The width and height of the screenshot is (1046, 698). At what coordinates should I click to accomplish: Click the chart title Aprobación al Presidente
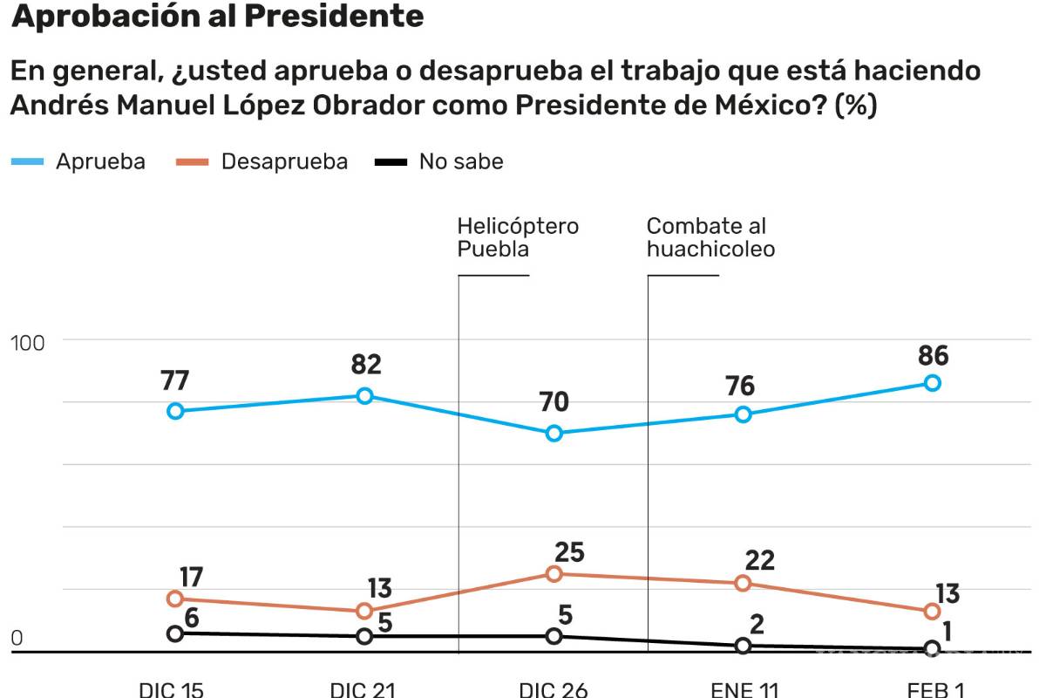[217, 17]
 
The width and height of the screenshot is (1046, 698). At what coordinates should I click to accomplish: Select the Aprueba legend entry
[78, 161]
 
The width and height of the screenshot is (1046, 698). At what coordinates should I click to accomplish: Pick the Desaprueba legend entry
[261, 161]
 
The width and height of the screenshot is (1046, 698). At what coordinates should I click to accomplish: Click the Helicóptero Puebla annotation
[517, 237]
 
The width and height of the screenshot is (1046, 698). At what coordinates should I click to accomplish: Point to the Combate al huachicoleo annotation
[710, 237]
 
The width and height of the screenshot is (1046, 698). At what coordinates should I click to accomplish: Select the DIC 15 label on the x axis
[171, 689]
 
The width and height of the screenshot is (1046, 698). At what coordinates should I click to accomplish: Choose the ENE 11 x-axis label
[744, 689]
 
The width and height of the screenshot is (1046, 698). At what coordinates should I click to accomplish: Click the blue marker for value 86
[932, 383]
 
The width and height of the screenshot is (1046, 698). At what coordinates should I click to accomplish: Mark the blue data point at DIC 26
[554, 434]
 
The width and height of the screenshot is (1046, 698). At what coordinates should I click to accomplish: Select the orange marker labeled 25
[554, 573]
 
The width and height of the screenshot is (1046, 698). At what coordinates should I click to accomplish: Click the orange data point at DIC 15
[175, 599]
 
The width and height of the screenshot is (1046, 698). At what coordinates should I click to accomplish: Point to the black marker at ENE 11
[743, 646]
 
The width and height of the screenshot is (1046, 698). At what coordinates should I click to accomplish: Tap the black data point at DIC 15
[175, 633]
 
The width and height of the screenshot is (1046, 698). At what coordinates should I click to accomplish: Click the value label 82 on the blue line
[365, 365]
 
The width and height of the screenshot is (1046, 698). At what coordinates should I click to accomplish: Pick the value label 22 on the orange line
[759, 560]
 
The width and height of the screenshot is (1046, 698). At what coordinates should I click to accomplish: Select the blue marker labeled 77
[175, 411]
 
